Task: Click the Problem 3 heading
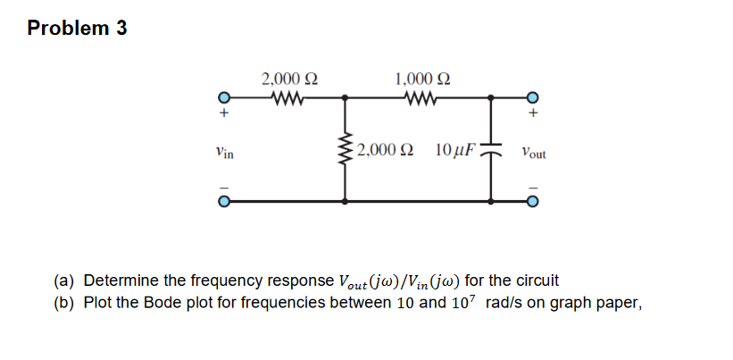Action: tap(77, 29)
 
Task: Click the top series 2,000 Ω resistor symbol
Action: tap(286, 98)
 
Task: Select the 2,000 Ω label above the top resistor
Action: tap(286, 79)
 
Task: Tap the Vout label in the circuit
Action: tap(534, 153)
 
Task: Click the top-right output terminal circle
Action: tap(533, 98)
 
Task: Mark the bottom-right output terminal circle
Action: tap(533, 202)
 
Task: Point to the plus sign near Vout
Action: tap(533, 115)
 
